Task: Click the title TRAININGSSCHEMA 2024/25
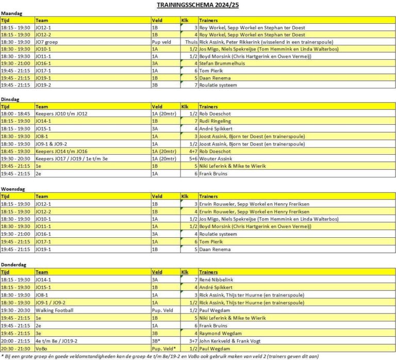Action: point(197,5)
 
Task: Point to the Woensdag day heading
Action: point(13,189)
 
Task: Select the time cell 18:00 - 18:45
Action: point(16,113)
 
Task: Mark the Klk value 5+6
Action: point(192,159)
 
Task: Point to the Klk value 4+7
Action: point(192,151)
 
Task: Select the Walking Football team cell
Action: point(55,310)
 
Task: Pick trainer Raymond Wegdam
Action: point(220,333)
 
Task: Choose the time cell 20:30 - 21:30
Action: point(16,349)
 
